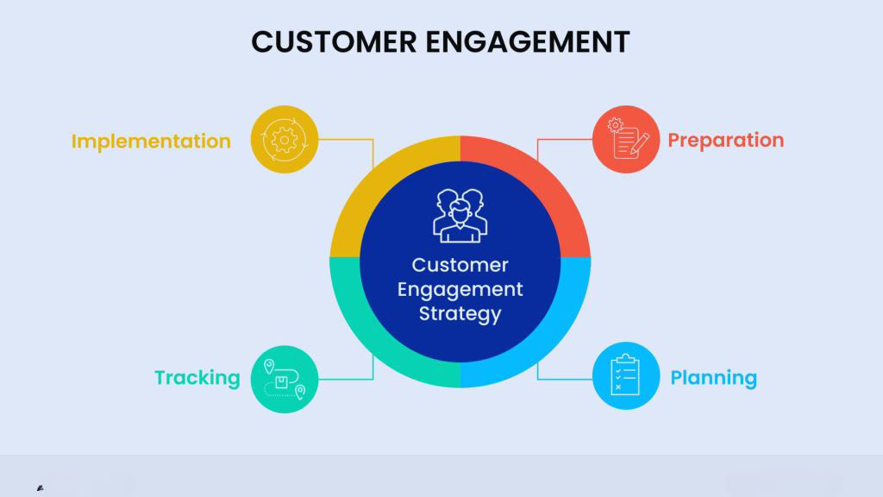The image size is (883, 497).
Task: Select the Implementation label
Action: [x=151, y=141]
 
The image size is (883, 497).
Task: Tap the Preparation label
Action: [x=726, y=140]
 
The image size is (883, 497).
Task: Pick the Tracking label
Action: [x=197, y=378]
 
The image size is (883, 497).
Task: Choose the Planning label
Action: [x=714, y=378]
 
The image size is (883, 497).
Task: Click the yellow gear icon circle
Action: [x=284, y=138]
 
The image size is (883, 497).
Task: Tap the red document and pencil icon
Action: [x=626, y=138]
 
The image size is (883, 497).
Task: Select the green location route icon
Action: [x=284, y=378]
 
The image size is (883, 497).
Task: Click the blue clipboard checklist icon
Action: [x=626, y=376]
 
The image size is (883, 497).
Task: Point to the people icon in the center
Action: [x=460, y=216]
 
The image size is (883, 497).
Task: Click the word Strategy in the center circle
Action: [x=460, y=313]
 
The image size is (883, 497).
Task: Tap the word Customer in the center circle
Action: [x=460, y=265]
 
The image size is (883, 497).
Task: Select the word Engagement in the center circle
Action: [x=460, y=289]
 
